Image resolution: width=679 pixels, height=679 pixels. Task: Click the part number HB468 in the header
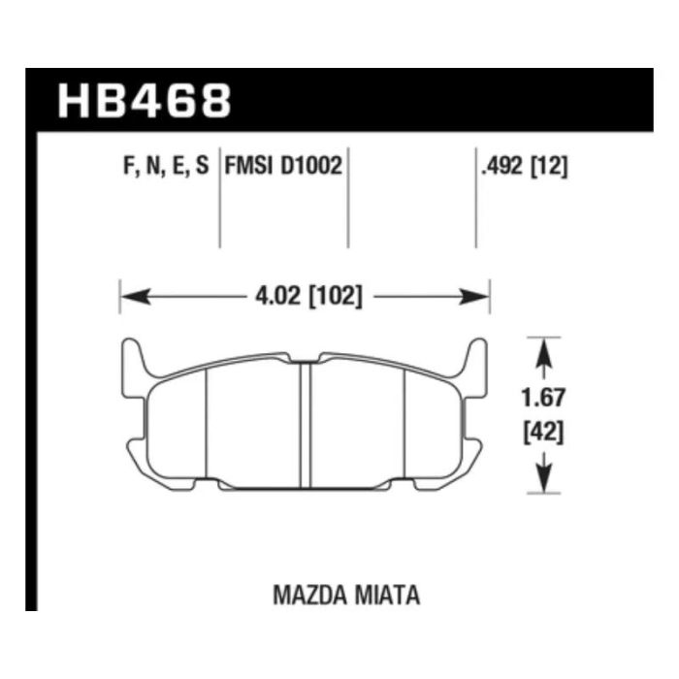coord(145,100)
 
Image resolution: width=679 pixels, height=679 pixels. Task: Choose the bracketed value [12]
coord(550,166)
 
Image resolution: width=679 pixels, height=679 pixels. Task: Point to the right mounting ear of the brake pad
coord(475,363)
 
